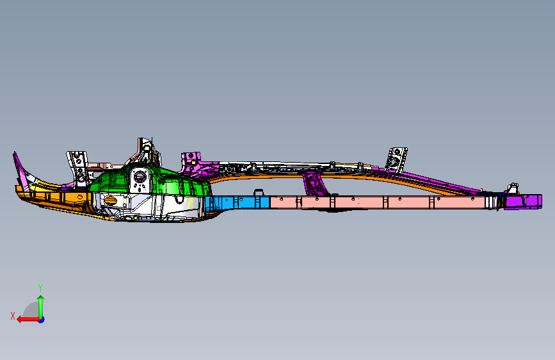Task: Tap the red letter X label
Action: click(x=13, y=316)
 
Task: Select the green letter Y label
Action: click(x=40, y=288)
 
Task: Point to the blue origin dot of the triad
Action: click(x=41, y=319)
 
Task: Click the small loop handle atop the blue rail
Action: click(x=259, y=192)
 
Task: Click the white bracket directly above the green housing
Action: click(x=147, y=151)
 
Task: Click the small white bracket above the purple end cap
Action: click(x=512, y=188)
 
